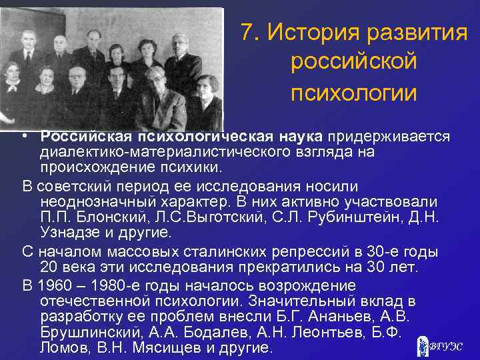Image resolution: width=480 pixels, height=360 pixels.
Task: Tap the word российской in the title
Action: tap(354, 63)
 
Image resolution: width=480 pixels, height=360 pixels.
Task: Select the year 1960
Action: tap(55, 285)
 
